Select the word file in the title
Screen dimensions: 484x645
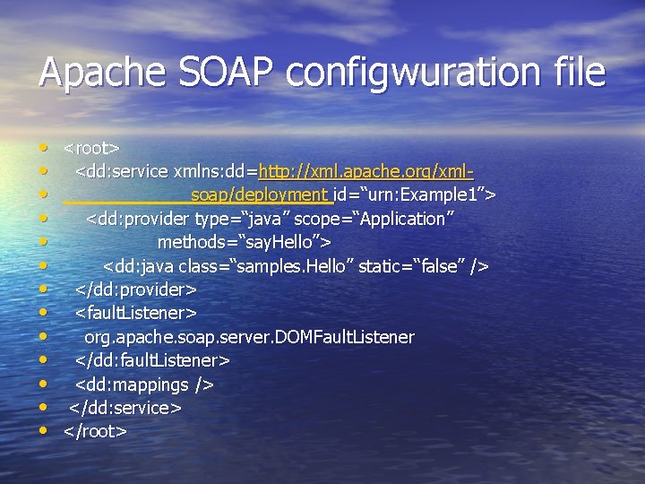[x=570, y=73]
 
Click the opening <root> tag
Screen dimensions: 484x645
[x=92, y=147]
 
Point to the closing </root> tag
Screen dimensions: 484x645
[x=95, y=431]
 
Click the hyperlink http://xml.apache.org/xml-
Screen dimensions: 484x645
[x=365, y=170]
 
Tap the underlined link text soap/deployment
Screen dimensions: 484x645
[x=260, y=194]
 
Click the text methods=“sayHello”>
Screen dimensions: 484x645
[x=245, y=242]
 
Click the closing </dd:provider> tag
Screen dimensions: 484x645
[x=136, y=290]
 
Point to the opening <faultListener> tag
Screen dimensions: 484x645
[x=136, y=313]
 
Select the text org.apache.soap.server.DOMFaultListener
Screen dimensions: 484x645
[x=249, y=337]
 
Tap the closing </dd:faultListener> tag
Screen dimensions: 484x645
[x=152, y=360]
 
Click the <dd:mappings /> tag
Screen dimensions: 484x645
[x=144, y=385]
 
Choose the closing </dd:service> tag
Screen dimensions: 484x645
[x=126, y=408]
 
